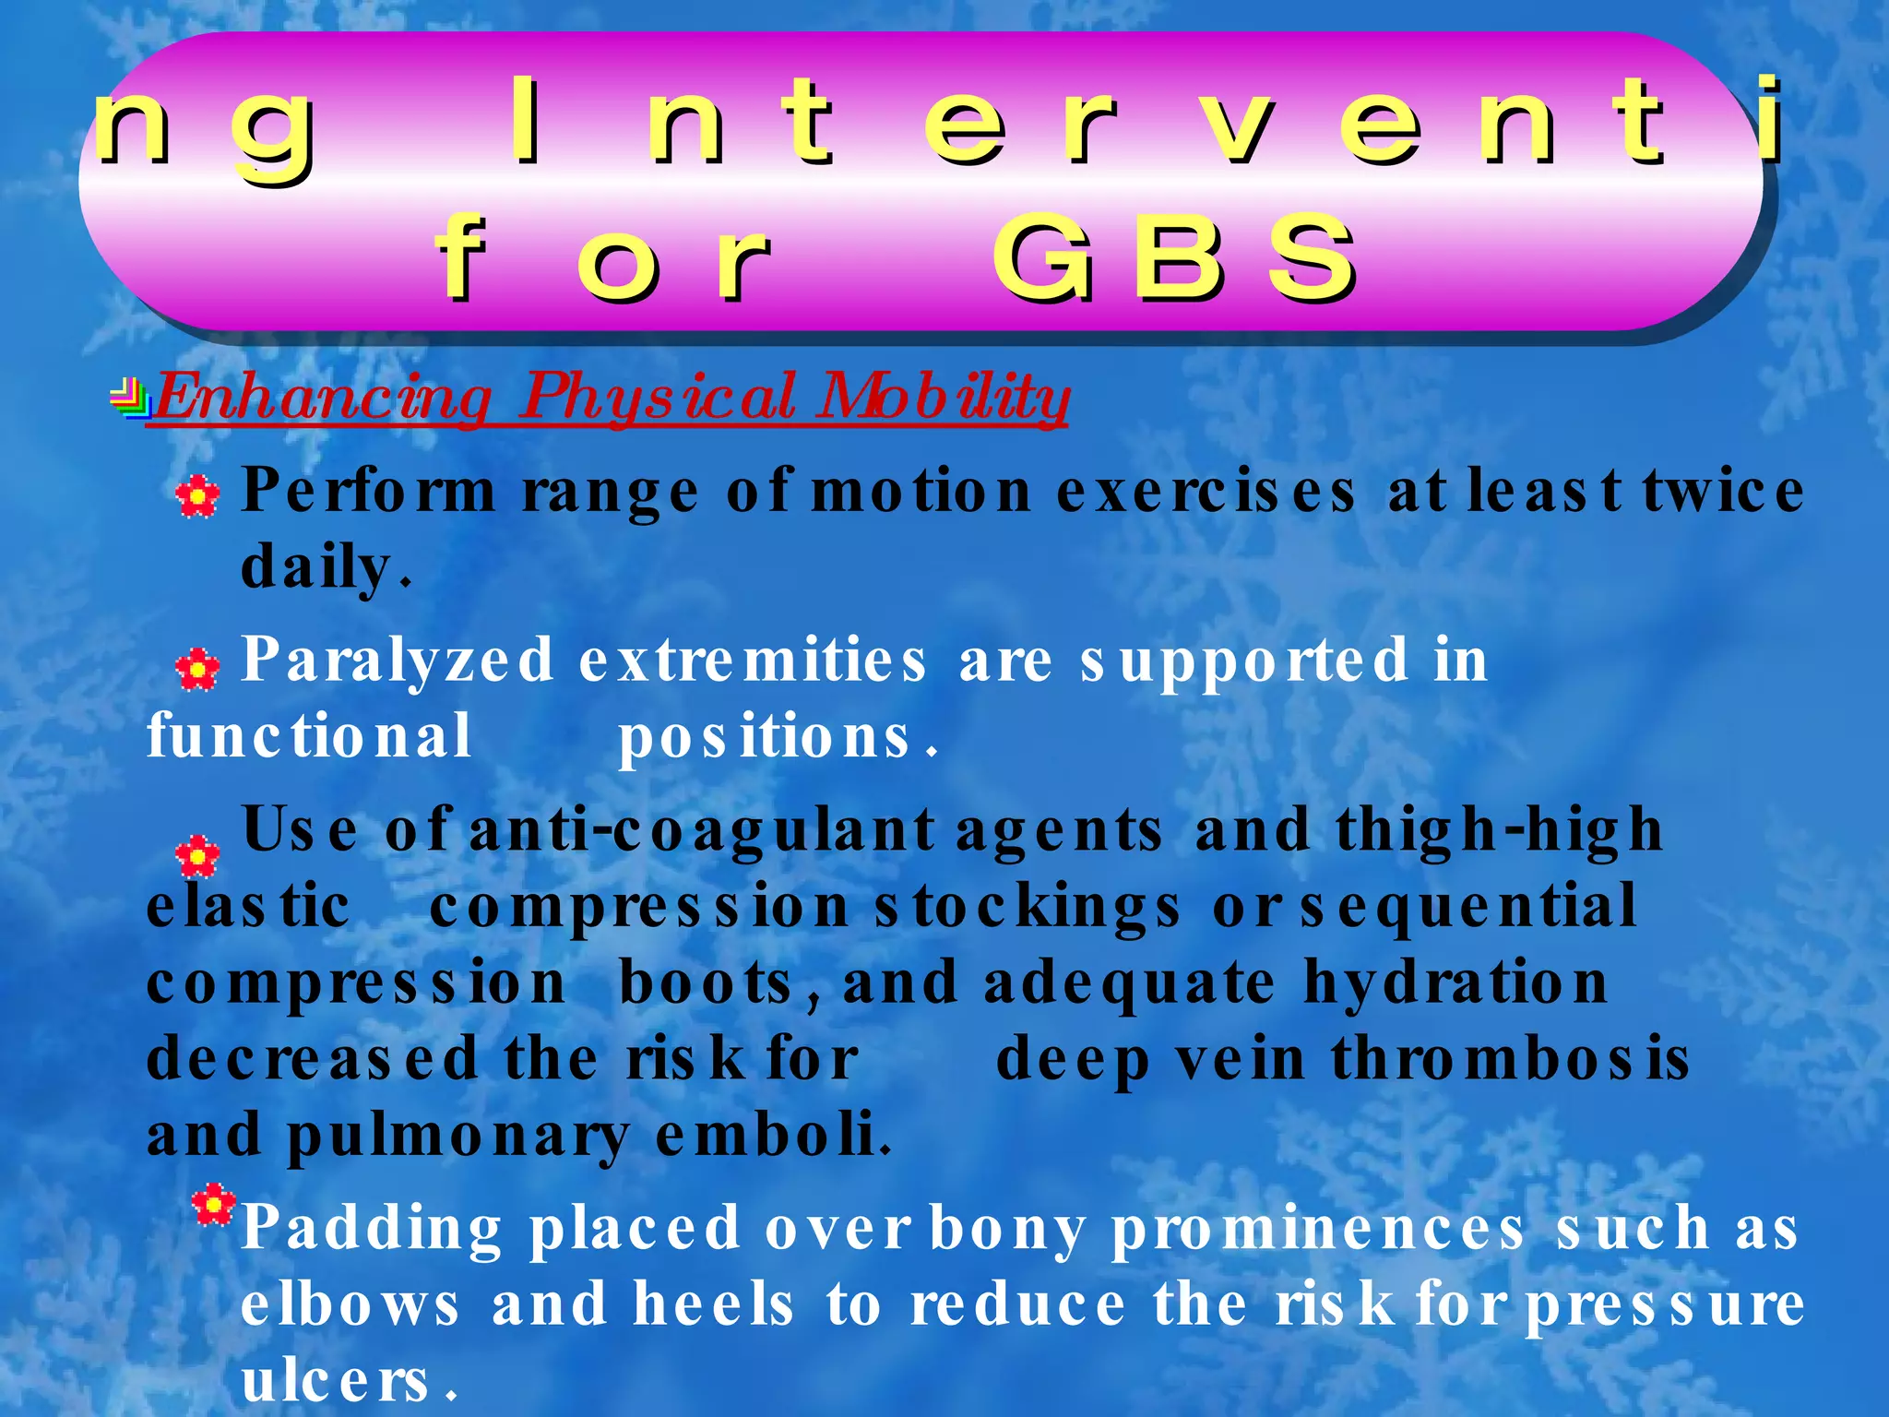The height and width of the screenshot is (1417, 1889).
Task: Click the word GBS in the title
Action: coord(1174,258)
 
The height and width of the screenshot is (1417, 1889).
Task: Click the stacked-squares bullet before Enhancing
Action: coord(130,399)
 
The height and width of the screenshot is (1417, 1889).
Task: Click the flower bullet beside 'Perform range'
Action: coord(197,496)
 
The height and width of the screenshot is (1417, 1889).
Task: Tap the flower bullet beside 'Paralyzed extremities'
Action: coord(197,668)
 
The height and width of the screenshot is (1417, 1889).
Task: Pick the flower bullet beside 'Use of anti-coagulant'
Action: coord(197,855)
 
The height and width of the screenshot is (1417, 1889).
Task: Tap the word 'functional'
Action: coord(309,737)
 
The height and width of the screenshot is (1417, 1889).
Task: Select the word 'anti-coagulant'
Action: coord(702,830)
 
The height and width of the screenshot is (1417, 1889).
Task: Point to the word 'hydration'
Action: coord(1455,983)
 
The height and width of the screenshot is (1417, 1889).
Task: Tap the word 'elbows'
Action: coord(350,1306)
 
